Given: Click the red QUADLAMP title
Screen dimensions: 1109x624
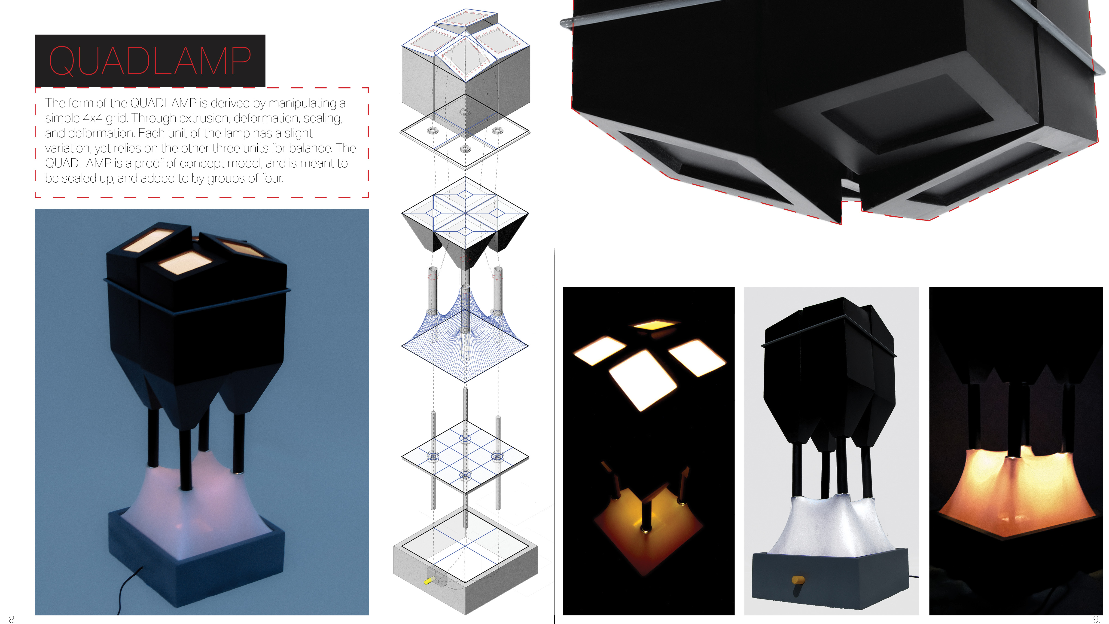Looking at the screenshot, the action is [x=150, y=61].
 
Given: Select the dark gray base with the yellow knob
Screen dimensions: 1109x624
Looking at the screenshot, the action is [x=831, y=579].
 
